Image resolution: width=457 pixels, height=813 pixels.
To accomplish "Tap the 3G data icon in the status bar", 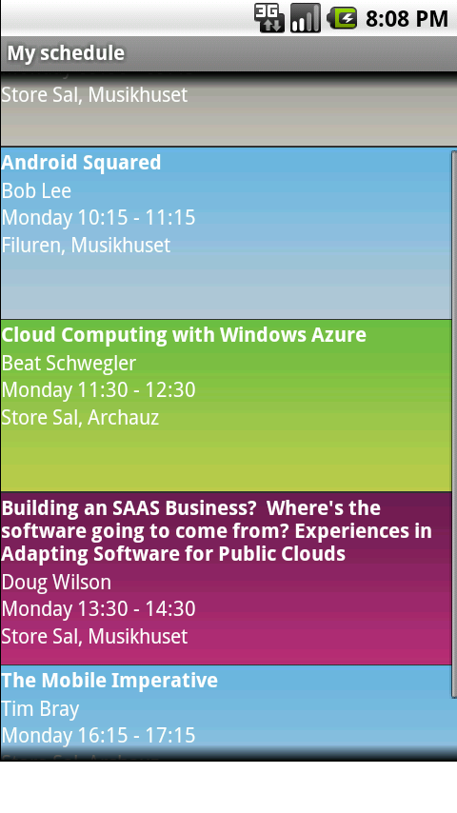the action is pyautogui.click(x=268, y=18).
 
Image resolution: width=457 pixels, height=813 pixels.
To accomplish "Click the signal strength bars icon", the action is pyautogui.click(x=305, y=18).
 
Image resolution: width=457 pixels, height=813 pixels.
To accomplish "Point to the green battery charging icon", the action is pyautogui.click(x=342, y=19).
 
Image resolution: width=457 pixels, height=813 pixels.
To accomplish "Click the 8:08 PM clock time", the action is pyautogui.click(x=407, y=19).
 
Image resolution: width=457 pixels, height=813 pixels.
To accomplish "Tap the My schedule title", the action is pyautogui.click(x=66, y=53).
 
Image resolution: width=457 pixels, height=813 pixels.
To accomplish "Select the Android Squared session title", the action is pyautogui.click(x=82, y=163).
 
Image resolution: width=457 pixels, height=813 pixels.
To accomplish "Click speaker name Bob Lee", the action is pyautogui.click(x=36, y=190).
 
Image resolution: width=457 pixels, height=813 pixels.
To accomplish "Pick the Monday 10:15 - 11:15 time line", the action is pyautogui.click(x=99, y=218).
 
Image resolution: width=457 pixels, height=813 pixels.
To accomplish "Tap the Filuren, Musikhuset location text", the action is pyautogui.click(x=86, y=246).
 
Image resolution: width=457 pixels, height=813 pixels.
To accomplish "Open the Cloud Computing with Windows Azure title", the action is pyautogui.click(x=184, y=335).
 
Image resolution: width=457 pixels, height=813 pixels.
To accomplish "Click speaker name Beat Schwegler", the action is pyautogui.click(x=69, y=364).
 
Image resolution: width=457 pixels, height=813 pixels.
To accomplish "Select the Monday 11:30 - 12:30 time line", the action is pyautogui.click(x=99, y=390).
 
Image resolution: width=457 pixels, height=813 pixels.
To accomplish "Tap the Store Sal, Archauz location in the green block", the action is pyautogui.click(x=80, y=417).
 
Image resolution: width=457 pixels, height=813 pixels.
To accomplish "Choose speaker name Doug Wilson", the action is pyautogui.click(x=56, y=583).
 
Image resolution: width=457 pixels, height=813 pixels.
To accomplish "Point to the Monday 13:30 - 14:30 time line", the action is pyautogui.click(x=99, y=608).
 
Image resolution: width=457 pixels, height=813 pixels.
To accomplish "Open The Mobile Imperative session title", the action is pyautogui.click(x=110, y=681).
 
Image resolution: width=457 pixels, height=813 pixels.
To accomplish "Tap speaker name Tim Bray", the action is pyautogui.click(x=40, y=709).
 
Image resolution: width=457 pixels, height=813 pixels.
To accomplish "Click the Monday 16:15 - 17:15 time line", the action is pyautogui.click(x=99, y=735).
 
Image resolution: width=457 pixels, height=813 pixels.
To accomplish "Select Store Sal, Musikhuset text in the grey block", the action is pyautogui.click(x=94, y=95).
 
